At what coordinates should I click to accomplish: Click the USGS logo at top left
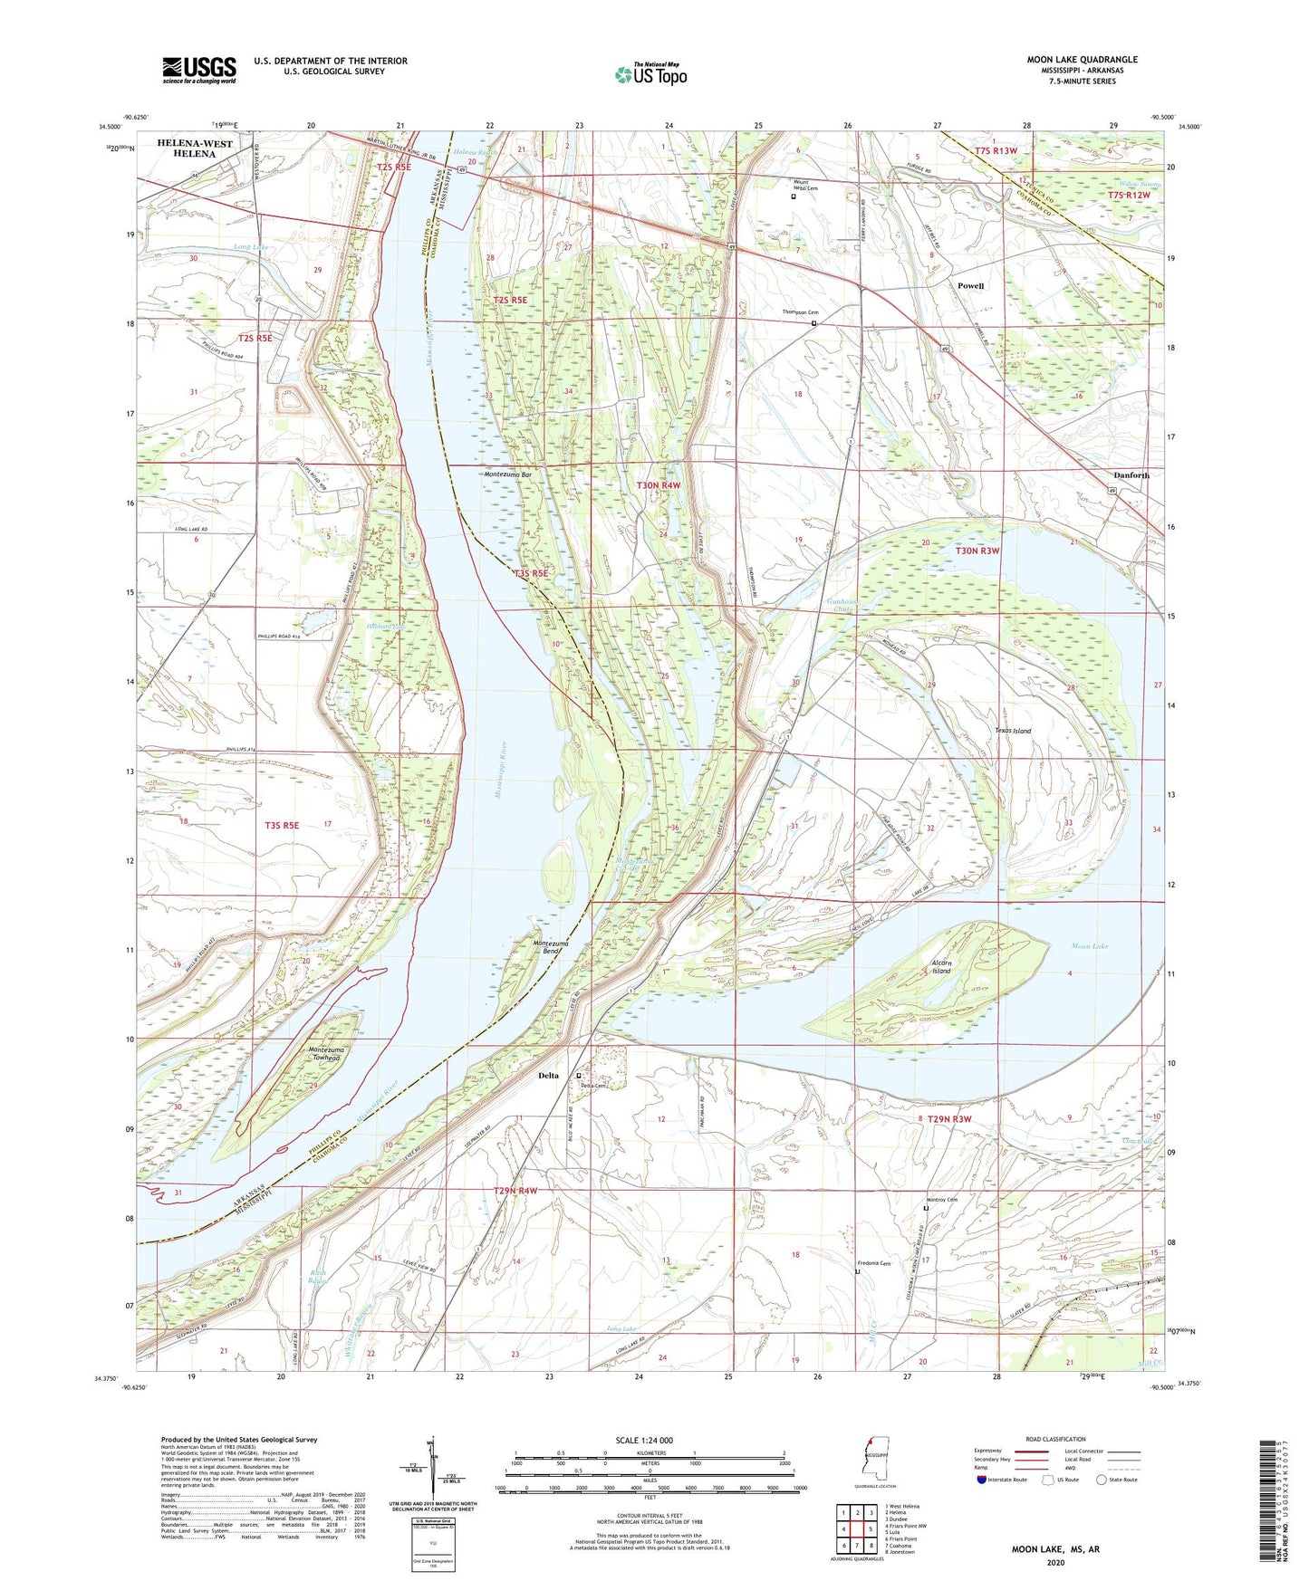click(x=198, y=69)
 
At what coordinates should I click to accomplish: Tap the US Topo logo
click(x=650, y=74)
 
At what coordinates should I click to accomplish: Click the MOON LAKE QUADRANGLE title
click(x=1082, y=60)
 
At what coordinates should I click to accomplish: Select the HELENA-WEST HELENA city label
click(x=195, y=149)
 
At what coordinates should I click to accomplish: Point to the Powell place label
click(x=970, y=285)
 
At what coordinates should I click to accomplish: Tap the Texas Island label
click(x=1013, y=731)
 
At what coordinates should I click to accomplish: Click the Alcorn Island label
click(x=941, y=967)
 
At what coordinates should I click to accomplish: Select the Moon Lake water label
click(x=1089, y=946)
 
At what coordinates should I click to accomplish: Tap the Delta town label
click(x=548, y=1076)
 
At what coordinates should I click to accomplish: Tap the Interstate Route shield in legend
click(x=984, y=1480)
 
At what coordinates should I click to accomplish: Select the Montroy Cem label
click(x=939, y=1200)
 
